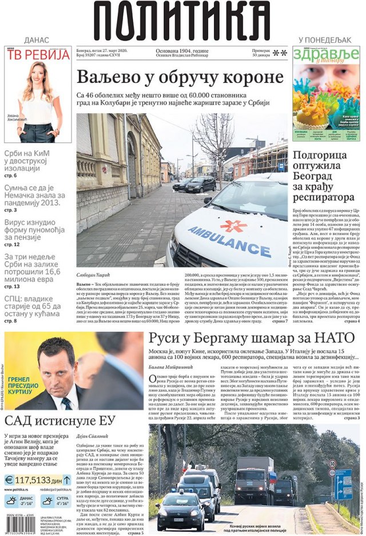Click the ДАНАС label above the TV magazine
point(37,39)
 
